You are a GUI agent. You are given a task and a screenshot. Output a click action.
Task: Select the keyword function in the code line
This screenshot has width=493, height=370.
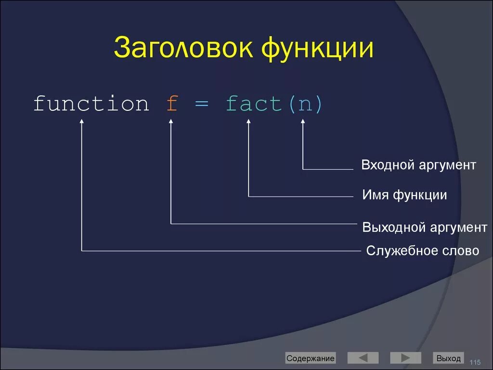coord(91,104)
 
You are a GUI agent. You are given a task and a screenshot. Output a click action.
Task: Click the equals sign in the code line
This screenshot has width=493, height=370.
coord(201,105)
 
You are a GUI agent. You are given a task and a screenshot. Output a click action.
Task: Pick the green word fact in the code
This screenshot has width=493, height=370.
coord(254,104)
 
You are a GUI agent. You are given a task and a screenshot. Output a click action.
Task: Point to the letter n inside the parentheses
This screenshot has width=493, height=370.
coord(304,105)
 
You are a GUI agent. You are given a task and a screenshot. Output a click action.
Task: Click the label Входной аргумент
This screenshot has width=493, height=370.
coord(419,165)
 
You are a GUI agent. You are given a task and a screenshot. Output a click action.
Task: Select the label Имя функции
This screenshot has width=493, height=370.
coord(404,195)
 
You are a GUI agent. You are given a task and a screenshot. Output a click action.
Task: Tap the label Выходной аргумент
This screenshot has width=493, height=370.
coord(425,227)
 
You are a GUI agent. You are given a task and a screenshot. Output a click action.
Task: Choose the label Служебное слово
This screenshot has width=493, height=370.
coord(423,251)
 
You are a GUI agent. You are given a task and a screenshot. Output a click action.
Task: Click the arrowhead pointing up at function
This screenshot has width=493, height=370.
coord(82,123)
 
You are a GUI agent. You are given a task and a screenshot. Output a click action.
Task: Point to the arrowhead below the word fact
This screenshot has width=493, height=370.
coord(249,123)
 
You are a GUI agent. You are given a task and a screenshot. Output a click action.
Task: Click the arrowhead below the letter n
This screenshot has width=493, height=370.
coord(303,123)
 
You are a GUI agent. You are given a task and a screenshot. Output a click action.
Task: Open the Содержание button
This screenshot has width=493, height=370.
coord(310,358)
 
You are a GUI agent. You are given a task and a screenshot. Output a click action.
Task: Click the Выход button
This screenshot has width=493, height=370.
coord(448,358)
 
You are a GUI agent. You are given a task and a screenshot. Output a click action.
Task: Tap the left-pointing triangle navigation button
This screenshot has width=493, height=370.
coord(363,358)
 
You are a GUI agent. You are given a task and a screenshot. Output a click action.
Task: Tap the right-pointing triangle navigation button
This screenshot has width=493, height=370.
coord(405,358)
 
